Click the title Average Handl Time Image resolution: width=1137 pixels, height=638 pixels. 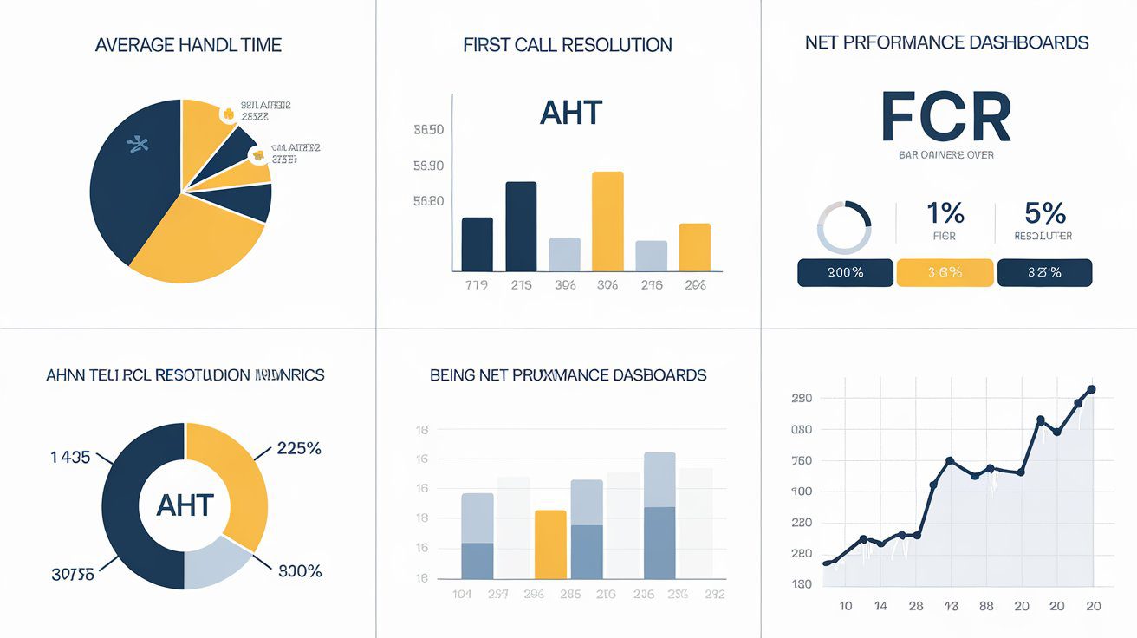(x=187, y=45)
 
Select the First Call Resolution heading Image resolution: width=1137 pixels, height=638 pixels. (x=568, y=45)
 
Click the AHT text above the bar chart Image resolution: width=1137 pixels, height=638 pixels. (x=570, y=112)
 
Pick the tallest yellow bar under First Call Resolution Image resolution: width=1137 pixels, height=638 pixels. (x=607, y=221)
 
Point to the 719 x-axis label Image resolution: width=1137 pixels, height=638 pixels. (x=477, y=284)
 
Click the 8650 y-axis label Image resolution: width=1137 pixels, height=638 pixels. (x=428, y=130)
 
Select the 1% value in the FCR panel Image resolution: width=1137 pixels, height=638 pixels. (x=944, y=212)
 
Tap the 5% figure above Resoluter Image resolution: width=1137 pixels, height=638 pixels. (x=1043, y=212)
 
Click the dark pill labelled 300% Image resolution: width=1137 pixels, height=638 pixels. (x=845, y=272)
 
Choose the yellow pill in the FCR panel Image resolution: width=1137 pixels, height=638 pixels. (x=945, y=272)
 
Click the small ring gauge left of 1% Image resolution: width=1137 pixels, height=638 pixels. (x=844, y=227)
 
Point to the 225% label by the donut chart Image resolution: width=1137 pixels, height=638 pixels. (x=299, y=448)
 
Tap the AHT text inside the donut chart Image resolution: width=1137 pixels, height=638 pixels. (x=185, y=505)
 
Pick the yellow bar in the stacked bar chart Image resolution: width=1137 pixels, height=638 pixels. (x=550, y=544)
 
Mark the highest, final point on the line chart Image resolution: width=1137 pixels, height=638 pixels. (x=1091, y=390)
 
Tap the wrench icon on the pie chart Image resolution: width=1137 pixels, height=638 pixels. (x=137, y=144)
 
